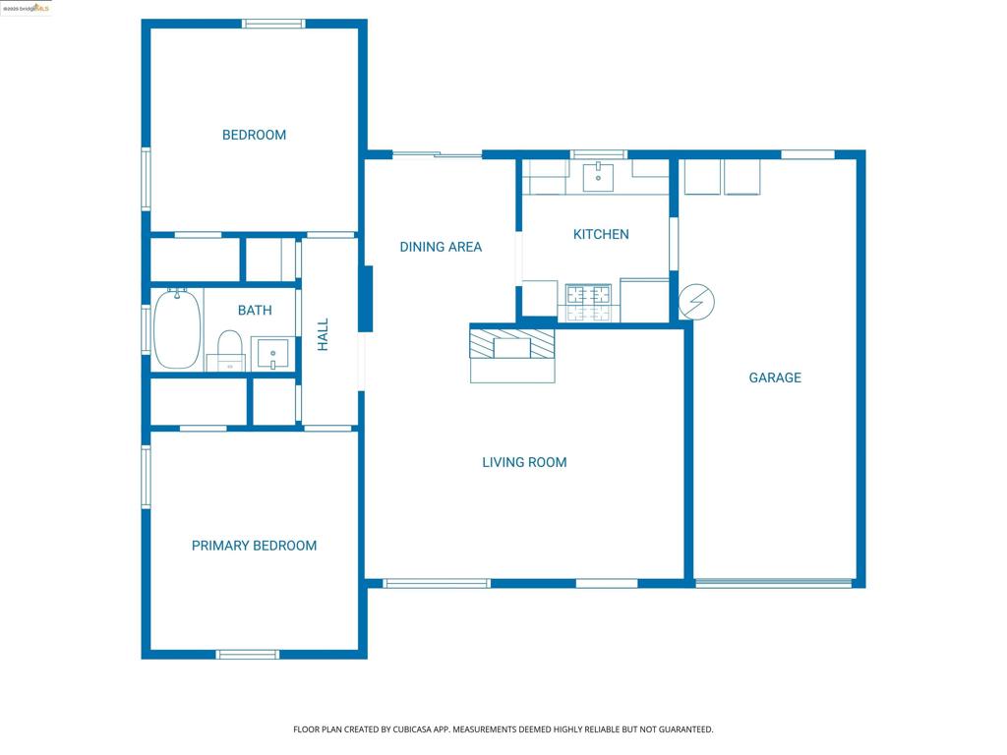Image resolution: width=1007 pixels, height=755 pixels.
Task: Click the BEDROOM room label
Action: point(254,135)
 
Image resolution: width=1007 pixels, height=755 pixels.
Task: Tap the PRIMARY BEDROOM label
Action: point(254,546)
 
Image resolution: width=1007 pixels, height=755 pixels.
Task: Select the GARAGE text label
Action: point(775,377)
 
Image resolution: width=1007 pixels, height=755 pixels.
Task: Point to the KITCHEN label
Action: point(601,234)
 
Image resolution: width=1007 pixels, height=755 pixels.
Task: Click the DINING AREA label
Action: point(441,247)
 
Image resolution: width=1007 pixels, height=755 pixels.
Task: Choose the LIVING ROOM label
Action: point(524,462)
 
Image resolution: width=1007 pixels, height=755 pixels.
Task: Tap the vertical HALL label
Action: point(323,335)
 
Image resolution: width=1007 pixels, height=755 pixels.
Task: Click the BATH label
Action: point(255,310)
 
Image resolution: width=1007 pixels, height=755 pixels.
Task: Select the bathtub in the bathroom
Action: point(177,328)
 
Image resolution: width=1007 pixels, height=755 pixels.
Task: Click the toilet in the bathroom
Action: point(230,349)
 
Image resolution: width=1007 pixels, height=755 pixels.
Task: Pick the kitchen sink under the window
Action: point(598,177)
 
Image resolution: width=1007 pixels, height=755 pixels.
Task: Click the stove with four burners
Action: point(588,302)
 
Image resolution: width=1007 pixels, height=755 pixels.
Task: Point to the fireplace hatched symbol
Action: point(511,344)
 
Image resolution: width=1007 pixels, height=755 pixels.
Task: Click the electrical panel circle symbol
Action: point(696,302)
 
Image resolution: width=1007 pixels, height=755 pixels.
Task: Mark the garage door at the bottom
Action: point(774,583)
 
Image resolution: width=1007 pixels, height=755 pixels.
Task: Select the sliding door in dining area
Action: point(437,154)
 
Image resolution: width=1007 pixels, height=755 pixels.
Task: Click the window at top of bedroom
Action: point(273,24)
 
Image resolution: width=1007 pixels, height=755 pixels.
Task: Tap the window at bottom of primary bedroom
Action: point(248,654)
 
